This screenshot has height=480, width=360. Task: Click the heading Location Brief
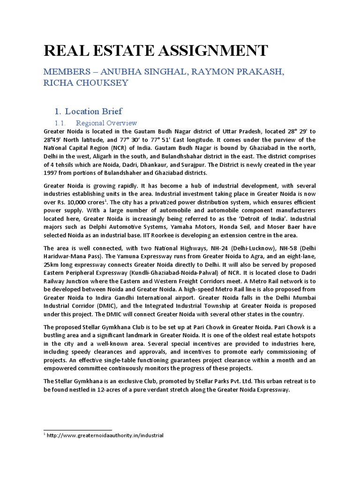[94, 111]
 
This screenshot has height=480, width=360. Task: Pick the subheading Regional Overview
[106, 123]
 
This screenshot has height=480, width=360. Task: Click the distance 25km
[51, 265]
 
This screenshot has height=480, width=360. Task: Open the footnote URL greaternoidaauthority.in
[105, 435]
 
